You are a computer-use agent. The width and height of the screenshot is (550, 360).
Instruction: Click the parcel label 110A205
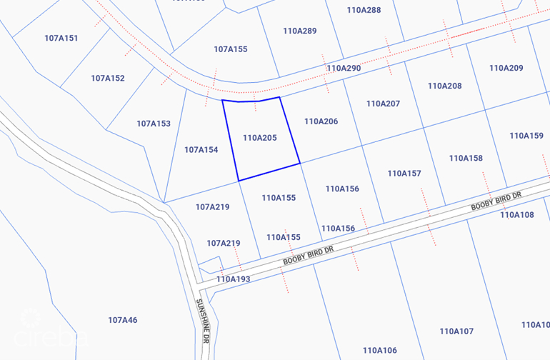pos(260,138)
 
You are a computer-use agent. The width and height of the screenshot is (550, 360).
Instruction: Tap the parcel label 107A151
pos(61,38)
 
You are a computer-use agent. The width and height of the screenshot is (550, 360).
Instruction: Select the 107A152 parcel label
pos(108,78)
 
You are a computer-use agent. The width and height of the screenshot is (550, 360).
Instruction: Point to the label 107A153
pos(154,124)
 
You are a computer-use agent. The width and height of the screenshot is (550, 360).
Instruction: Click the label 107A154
pos(201,150)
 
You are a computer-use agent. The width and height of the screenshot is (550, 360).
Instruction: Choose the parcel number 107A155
pos(231,49)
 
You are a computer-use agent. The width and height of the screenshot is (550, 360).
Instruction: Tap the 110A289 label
pos(300,31)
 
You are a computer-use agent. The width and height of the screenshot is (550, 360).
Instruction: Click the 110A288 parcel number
pos(364,10)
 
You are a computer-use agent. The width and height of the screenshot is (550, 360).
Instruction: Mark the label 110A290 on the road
pos(344,68)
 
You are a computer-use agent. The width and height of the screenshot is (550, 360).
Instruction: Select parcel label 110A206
pos(321,121)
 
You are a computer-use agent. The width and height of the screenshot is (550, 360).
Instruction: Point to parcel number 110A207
pos(384,104)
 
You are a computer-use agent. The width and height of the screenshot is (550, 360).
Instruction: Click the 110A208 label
pos(445,86)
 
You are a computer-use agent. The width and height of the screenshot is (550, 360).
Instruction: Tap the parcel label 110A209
pos(506,68)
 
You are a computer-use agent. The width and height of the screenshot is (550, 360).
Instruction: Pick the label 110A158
pos(466,158)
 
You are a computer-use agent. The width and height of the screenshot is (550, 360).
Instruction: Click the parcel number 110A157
pos(405,174)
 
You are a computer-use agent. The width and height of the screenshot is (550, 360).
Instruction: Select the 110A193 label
pos(234,279)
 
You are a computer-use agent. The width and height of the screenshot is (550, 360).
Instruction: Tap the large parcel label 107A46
pos(123,320)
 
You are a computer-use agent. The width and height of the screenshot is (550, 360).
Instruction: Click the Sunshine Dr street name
pos(201,321)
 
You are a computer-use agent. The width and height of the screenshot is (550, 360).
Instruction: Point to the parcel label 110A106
pos(380,350)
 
